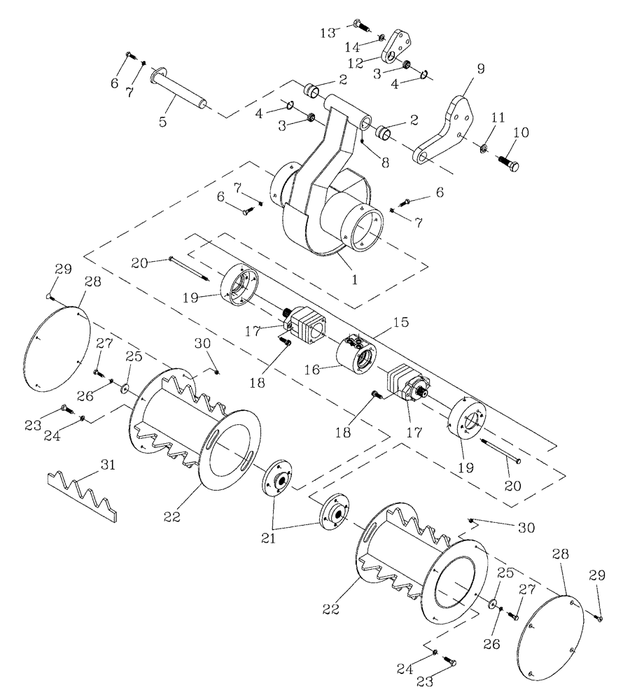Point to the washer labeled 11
484,149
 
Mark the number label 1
355,279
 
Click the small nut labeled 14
381,37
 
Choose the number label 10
523,133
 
